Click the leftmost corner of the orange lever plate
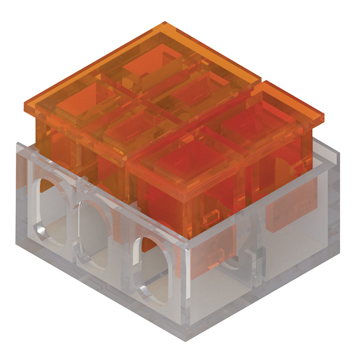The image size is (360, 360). click(25, 105)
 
